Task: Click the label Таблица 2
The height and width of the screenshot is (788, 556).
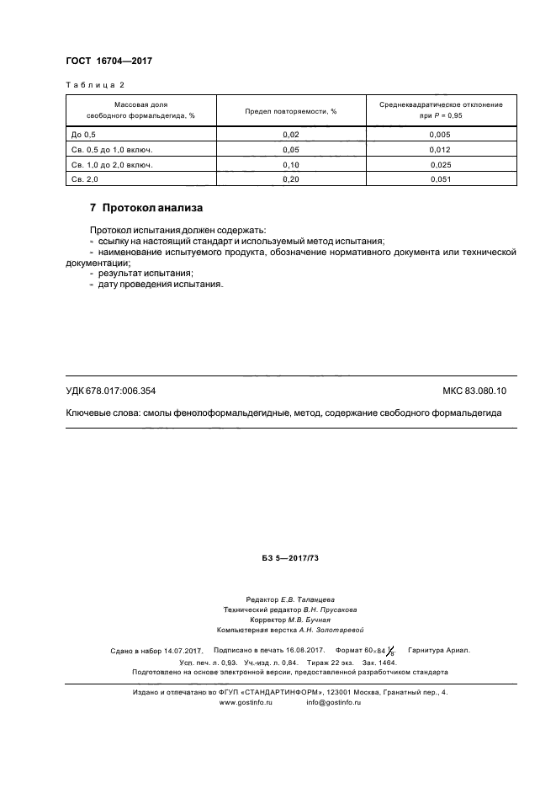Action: pyautogui.click(x=95, y=85)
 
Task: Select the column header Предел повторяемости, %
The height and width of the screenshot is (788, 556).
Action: pyautogui.click(x=290, y=110)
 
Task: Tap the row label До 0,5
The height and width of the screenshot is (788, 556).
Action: pyautogui.click(x=86, y=134)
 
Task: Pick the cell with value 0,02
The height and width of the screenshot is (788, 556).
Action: pyautogui.click(x=290, y=134)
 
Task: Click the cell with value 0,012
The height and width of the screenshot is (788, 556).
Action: pyautogui.click(x=441, y=149)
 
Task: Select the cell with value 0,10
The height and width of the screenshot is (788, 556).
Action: pyautogui.click(x=290, y=164)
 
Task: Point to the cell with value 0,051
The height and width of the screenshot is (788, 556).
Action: pyautogui.click(x=441, y=179)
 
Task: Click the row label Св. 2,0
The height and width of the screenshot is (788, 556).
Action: pyautogui.click(x=86, y=179)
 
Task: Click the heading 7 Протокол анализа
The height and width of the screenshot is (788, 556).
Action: pyautogui.click(x=146, y=208)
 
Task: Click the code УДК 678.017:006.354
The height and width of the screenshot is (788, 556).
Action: pyautogui.click(x=110, y=391)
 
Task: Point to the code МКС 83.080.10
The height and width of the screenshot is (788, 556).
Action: pyautogui.click(x=480, y=391)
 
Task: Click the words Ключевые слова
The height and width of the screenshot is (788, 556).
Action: pyautogui.click(x=103, y=413)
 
